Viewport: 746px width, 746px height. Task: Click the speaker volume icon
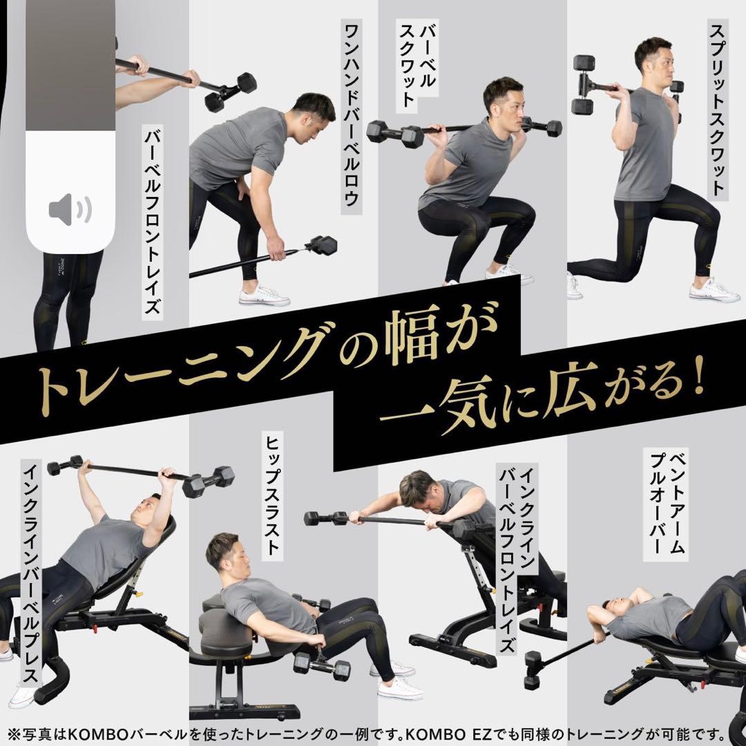(70, 209)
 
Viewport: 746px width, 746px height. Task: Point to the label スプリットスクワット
(718, 111)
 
